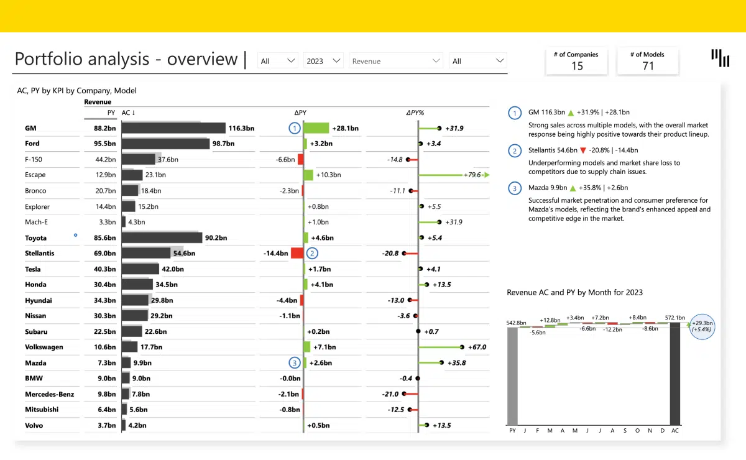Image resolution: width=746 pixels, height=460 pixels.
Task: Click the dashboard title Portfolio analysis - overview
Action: (x=126, y=60)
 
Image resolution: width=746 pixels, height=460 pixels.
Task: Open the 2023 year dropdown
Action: (x=324, y=61)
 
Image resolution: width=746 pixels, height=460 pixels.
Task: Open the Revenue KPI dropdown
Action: (x=396, y=61)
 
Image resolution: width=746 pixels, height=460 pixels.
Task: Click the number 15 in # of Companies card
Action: (x=576, y=67)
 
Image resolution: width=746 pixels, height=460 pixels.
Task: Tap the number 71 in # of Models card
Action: (x=647, y=67)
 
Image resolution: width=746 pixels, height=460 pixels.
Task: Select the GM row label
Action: (x=30, y=128)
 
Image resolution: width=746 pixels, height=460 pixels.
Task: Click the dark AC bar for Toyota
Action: (x=162, y=237)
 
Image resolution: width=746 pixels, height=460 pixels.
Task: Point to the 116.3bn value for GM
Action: (x=241, y=128)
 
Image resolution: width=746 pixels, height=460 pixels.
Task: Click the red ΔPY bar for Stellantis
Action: (x=297, y=253)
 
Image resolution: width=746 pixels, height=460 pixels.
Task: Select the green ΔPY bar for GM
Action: (x=316, y=128)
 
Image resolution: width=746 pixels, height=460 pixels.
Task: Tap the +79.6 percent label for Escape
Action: (x=472, y=175)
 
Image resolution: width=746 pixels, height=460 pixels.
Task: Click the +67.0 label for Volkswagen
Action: (x=476, y=347)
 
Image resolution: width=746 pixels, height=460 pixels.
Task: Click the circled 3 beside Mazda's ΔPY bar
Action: (x=294, y=363)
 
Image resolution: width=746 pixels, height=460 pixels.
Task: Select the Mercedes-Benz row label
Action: (x=49, y=394)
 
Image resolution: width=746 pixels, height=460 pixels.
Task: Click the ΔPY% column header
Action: (x=415, y=113)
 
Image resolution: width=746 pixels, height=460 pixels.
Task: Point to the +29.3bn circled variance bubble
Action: (x=702, y=326)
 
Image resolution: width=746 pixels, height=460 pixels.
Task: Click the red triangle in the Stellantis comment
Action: (x=583, y=150)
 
